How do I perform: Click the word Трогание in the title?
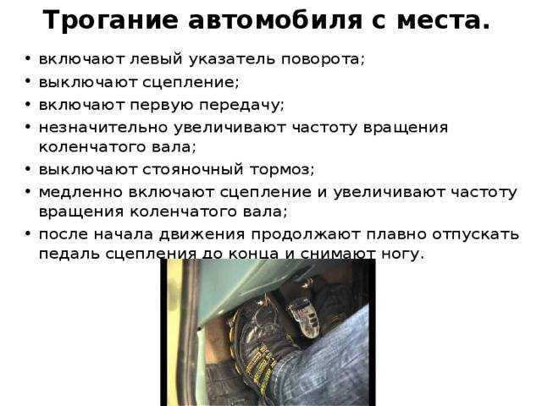point(110,20)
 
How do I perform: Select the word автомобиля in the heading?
point(274,20)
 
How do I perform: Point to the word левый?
point(156,59)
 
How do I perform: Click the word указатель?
point(232,59)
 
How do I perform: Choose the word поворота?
point(321,60)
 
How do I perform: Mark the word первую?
point(161,106)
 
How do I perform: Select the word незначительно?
point(103,128)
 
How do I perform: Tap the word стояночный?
point(193,170)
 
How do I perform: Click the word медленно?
point(81,192)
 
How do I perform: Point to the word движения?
point(202,235)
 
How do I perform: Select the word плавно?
point(395,234)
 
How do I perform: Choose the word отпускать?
point(476,235)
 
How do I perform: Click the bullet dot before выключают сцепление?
point(28,81)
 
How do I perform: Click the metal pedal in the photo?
point(305,315)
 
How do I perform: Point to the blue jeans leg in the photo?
point(329,366)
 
